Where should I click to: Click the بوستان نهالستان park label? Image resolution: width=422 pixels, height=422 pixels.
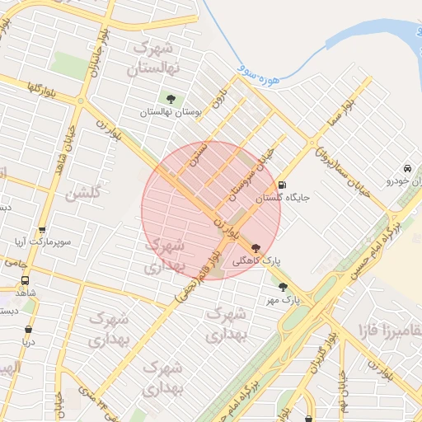pos(171,111)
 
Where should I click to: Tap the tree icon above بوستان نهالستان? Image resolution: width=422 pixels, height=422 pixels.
pos(171,99)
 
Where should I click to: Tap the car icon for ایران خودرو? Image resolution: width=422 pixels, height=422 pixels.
pos(407,167)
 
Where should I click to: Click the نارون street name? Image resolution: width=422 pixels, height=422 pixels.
pos(217,103)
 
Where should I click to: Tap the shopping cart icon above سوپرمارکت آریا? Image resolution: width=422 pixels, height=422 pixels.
pos(42,231)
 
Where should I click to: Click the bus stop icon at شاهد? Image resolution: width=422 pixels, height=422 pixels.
pos(24,280)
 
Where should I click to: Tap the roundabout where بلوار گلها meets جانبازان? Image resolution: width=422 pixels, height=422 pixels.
pos(82,101)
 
